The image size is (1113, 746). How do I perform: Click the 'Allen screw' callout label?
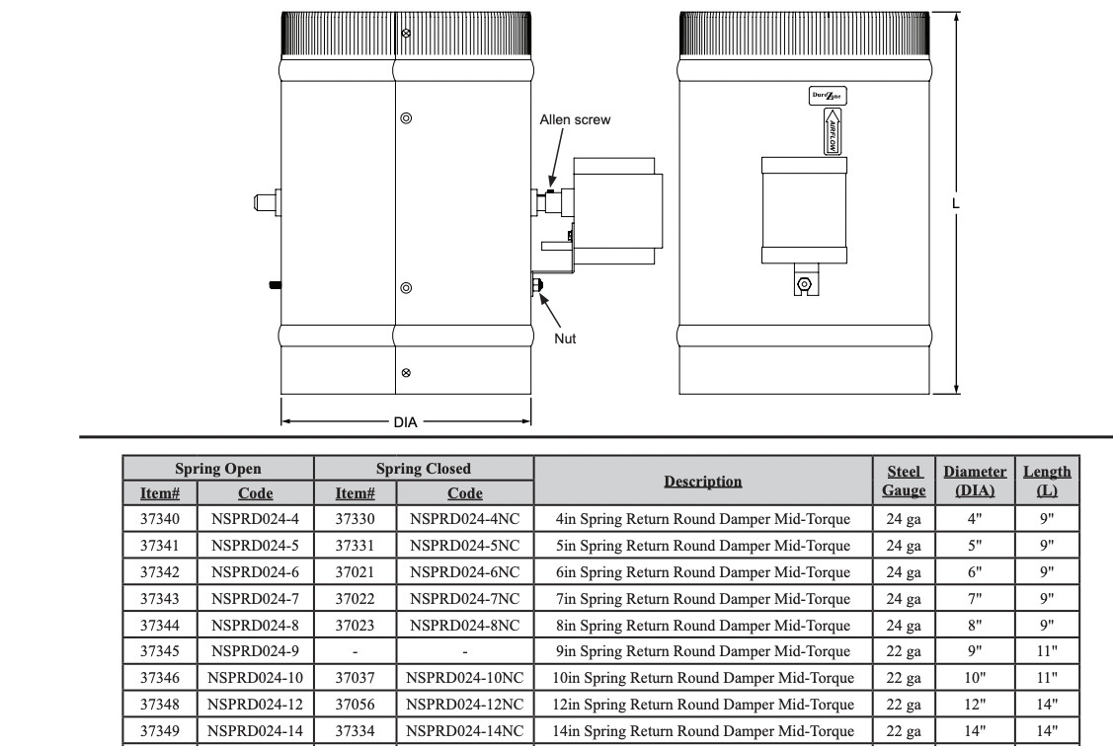[574, 119]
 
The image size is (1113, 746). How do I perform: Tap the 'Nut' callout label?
[565, 339]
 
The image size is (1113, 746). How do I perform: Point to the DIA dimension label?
[405, 422]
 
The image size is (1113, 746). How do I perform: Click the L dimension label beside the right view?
[955, 203]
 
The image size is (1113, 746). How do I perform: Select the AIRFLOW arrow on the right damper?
[832, 131]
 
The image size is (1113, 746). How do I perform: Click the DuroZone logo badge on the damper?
[828, 96]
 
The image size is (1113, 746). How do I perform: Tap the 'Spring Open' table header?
[218, 469]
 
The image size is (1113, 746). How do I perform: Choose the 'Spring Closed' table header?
[423, 469]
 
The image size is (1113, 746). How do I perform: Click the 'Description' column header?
[703, 482]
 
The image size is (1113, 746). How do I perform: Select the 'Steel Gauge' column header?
[904, 481]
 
